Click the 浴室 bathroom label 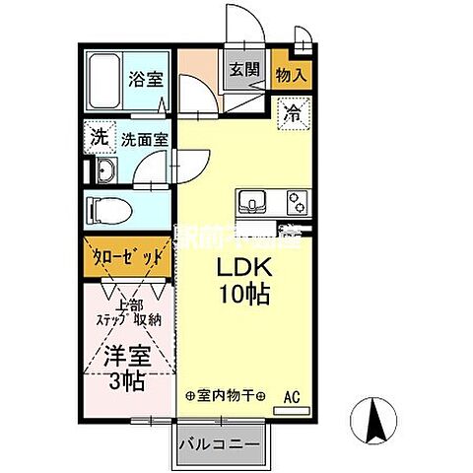pos(148,80)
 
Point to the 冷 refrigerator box pos(293,112)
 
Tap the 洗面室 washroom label pos(145,140)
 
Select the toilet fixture pos(108,210)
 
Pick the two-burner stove pos(296,203)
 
